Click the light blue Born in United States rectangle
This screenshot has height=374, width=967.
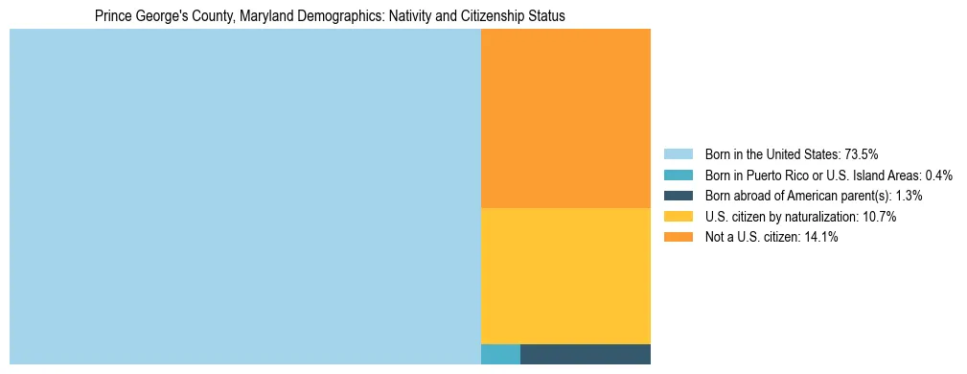click(244, 197)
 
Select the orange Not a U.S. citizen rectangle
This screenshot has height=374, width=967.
click(565, 118)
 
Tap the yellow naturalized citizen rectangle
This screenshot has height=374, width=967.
click(565, 275)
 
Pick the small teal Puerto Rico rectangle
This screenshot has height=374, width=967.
click(500, 354)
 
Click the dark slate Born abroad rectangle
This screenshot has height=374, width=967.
click(586, 354)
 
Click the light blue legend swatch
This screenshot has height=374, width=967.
click(679, 154)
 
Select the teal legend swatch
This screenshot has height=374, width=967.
click(679, 175)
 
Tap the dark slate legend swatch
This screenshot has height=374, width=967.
click(679, 196)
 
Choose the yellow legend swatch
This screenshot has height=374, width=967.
click(679, 217)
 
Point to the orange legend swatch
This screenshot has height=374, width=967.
click(679, 238)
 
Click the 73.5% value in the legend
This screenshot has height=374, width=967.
click(862, 154)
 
